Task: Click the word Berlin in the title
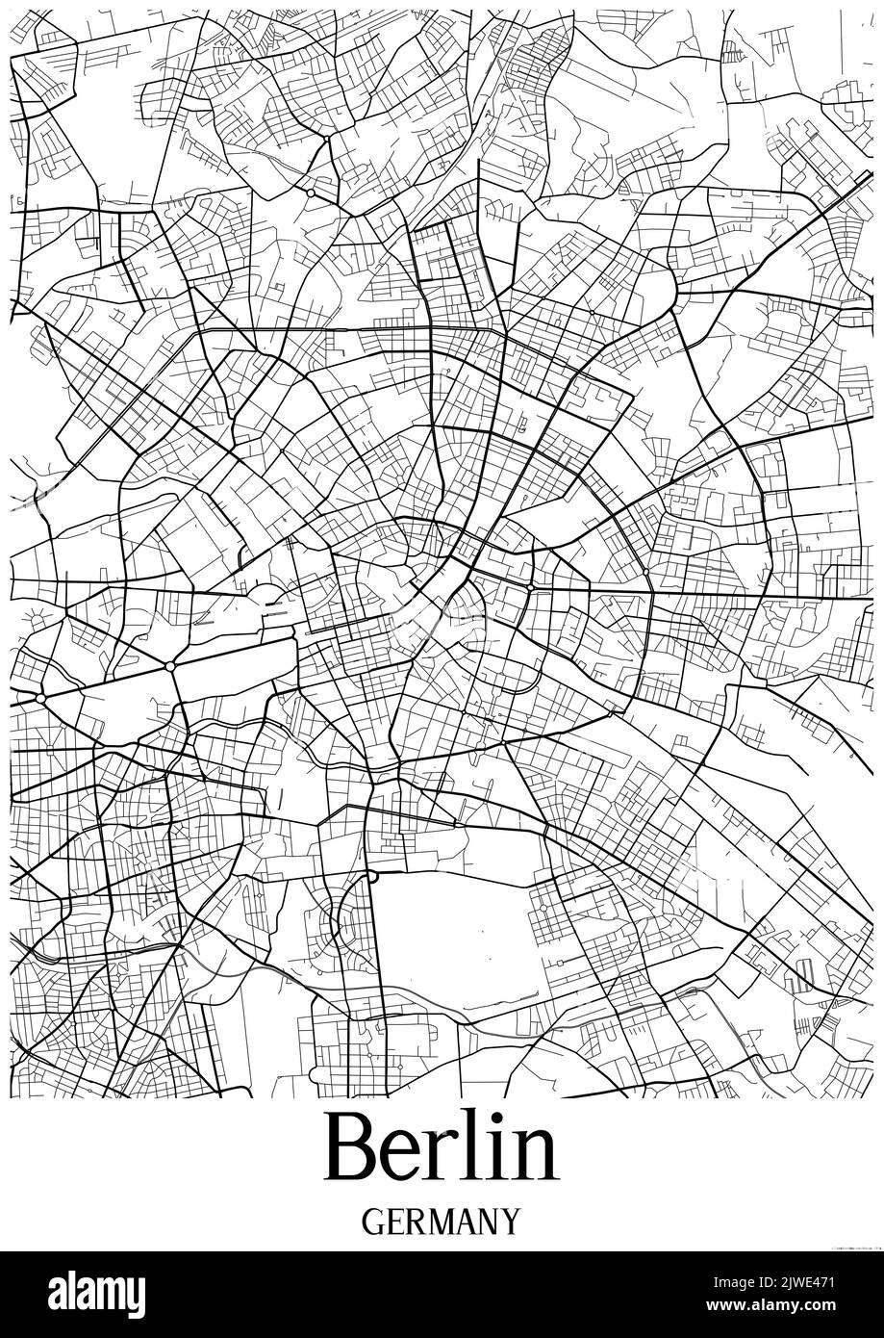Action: pos(442,1146)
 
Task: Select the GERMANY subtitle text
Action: pos(442,1222)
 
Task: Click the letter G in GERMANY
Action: pos(374,1222)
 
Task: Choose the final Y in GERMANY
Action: pos(509,1222)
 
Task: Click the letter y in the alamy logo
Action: pos(134,1294)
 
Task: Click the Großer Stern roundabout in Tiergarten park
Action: pos(170,666)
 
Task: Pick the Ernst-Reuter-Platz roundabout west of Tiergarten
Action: pos(40,696)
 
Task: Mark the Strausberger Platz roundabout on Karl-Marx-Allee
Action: pos(530,586)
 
